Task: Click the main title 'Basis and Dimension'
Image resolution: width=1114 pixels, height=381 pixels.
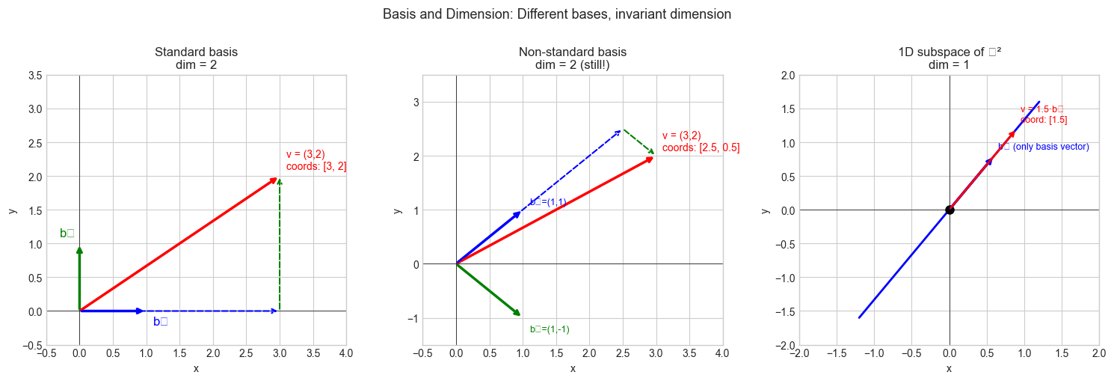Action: pyautogui.click(x=556, y=14)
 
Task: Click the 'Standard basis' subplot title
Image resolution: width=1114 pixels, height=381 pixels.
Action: pyautogui.click(x=196, y=52)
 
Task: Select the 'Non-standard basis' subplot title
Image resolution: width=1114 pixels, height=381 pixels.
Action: pyautogui.click(x=572, y=52)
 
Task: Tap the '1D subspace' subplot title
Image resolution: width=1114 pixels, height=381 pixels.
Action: pyautogui.click(x=949, y=52)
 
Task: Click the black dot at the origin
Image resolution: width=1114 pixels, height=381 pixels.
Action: pyautogui.click(x=950, y=210)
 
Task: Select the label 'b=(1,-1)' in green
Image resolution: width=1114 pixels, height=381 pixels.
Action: pyautogui.click(x=550, y=329)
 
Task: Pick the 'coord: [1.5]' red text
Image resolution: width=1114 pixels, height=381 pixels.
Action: pyautogui.click(x=1044, y=120)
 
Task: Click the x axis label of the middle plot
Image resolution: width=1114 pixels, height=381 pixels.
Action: pyautogui.click(x=573, y=368)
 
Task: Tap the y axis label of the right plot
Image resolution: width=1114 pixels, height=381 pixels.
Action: pyautogui.click(x=766, y=210)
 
